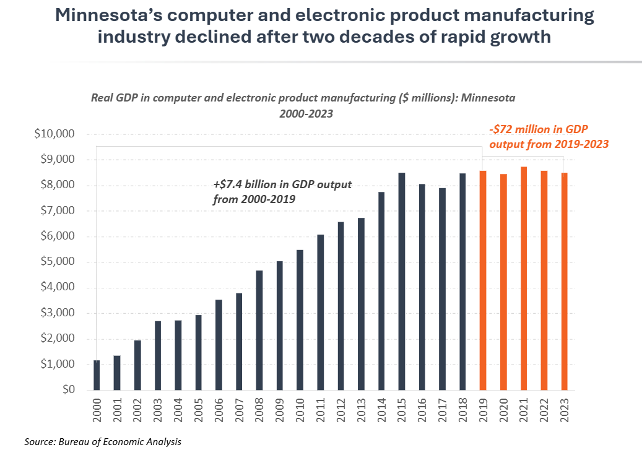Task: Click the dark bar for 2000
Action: tap(97, 375)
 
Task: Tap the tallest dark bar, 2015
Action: tap(402, 282)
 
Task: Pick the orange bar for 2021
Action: tap(524, 279)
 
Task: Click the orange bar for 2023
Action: tap(564, 282)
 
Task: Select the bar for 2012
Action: tap(341, 306)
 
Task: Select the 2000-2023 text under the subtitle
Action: tap(303, 114)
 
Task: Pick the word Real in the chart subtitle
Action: tap(102, 98)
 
